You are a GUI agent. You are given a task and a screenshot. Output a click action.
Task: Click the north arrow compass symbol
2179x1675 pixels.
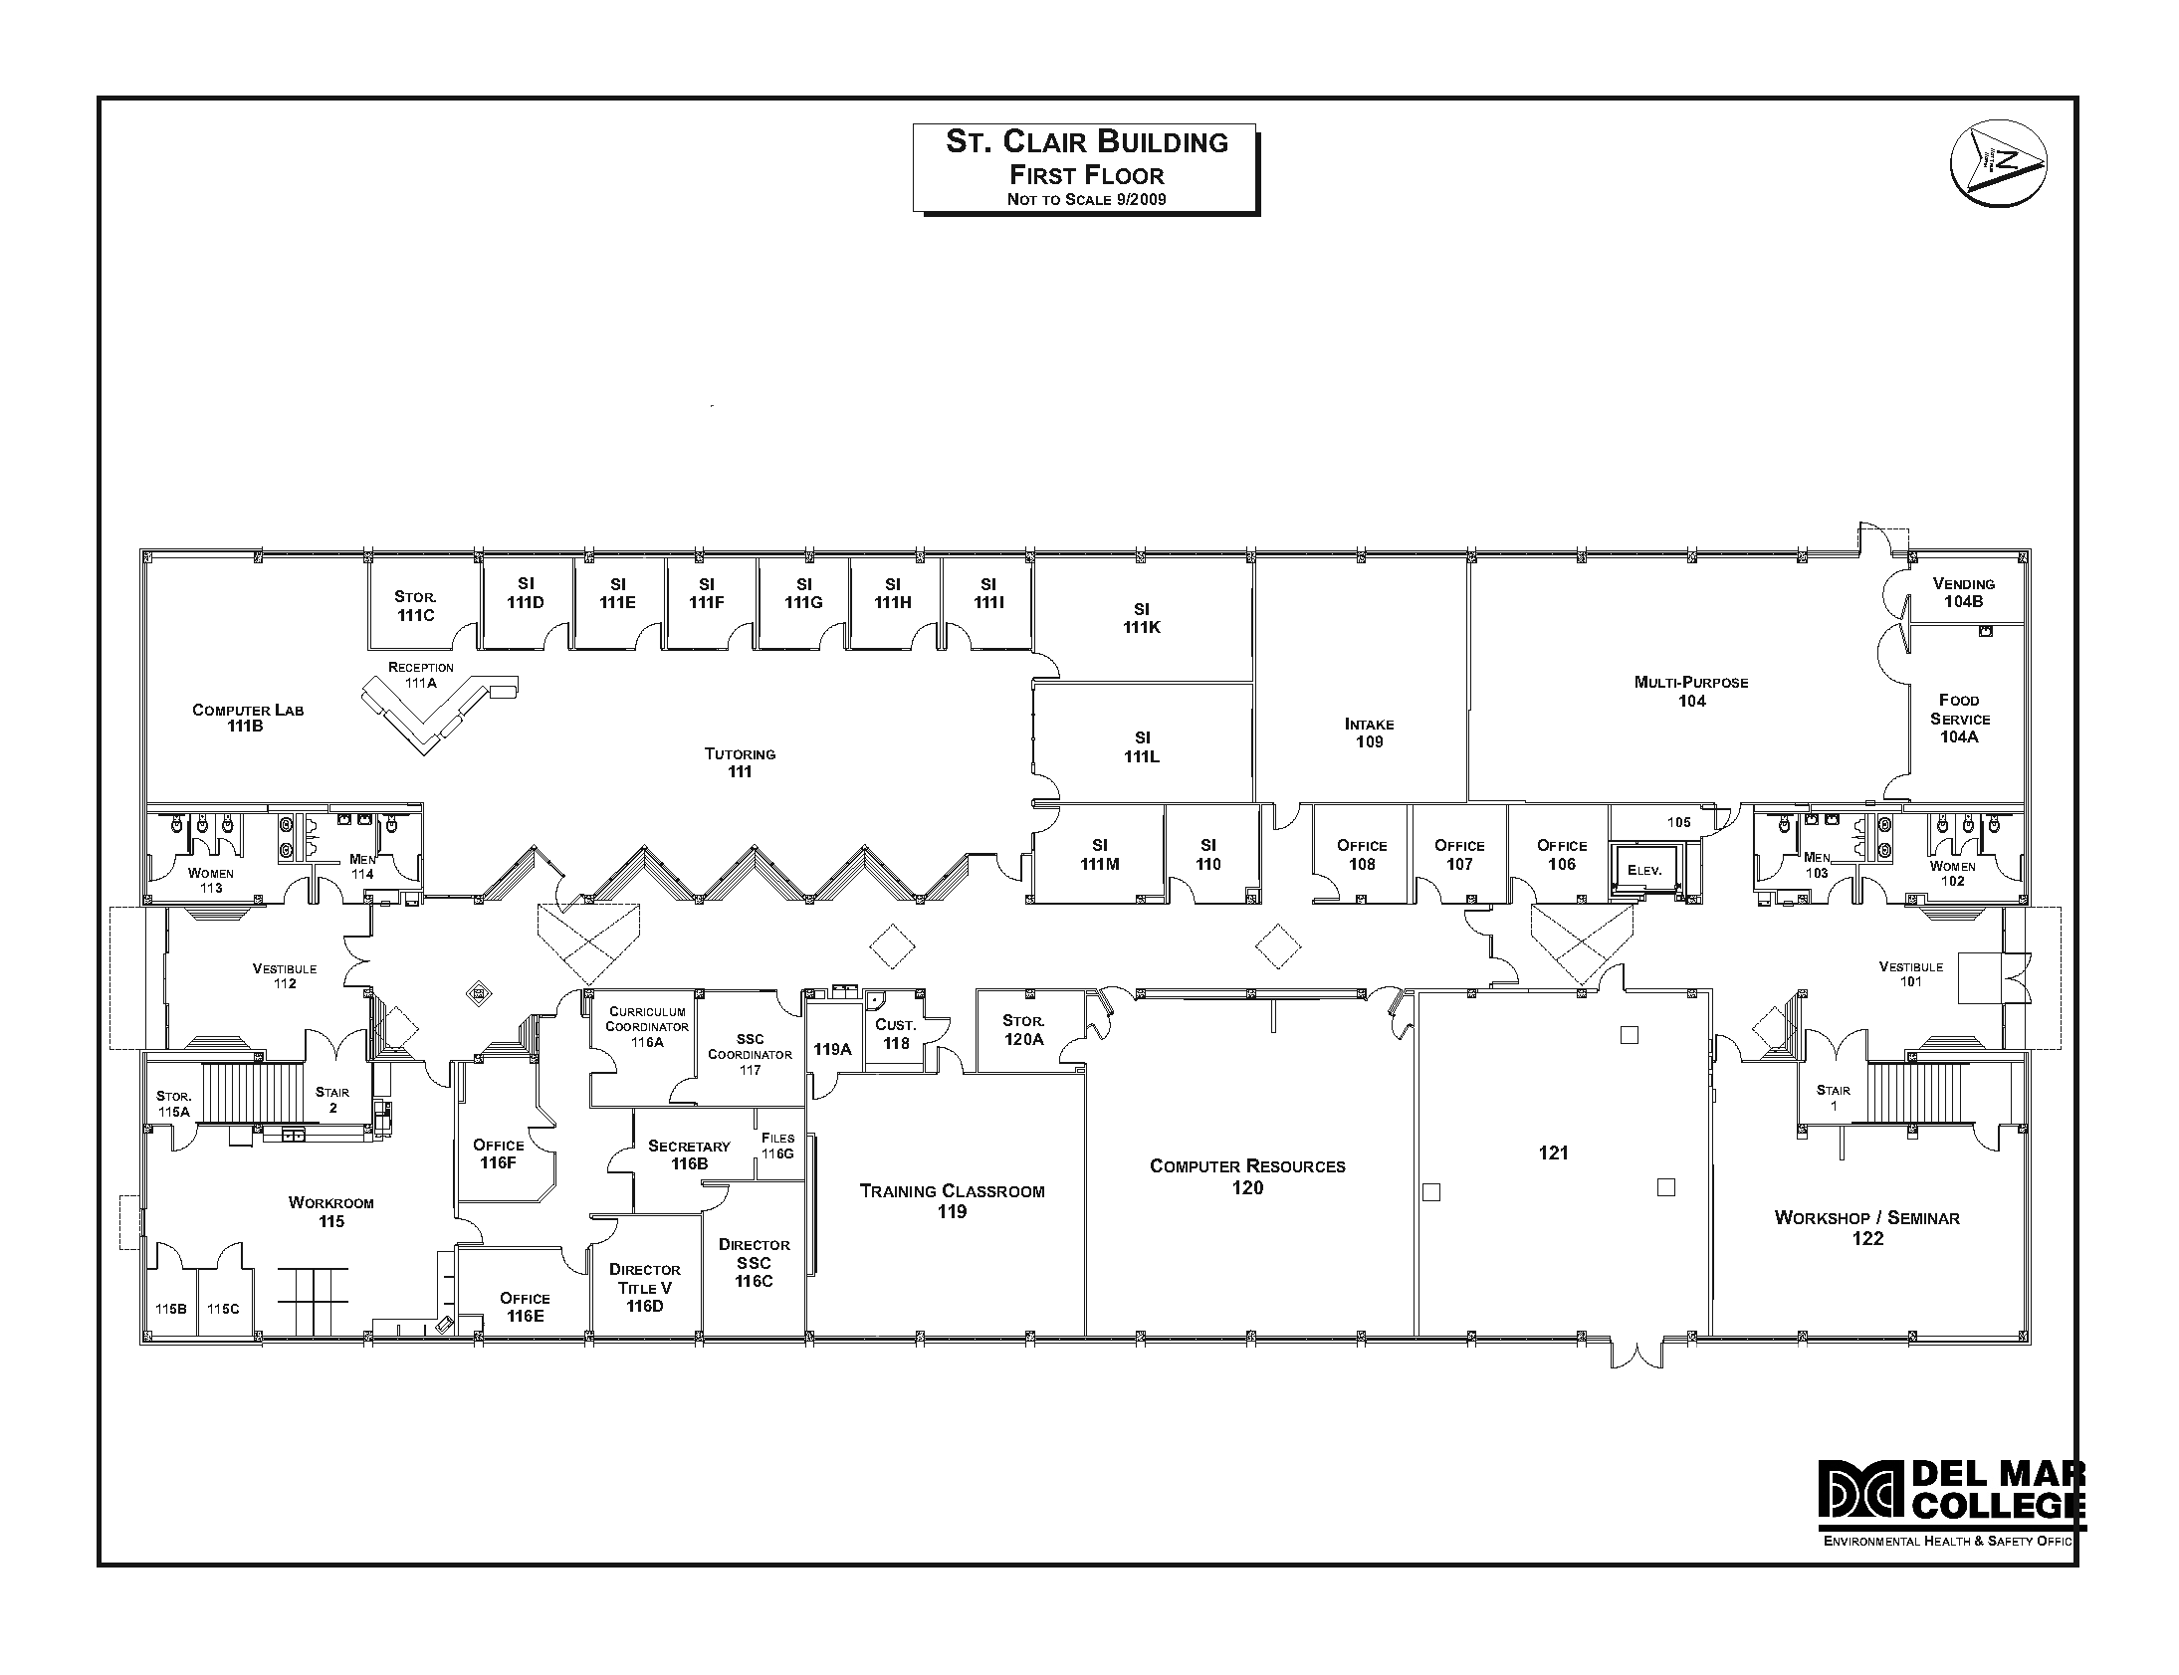pos(1998,163)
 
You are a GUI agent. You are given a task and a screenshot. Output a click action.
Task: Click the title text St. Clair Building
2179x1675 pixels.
pos(1086,141)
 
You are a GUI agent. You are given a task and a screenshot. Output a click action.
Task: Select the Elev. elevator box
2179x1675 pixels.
pos(1643,871)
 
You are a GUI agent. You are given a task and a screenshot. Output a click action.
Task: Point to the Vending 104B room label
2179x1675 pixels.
pos(1963,593)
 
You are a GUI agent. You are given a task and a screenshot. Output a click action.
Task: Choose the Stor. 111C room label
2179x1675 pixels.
pos(415,606)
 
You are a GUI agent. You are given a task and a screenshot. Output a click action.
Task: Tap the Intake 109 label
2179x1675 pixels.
pos(1369,733)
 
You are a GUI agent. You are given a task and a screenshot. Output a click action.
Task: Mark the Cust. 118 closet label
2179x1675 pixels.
pos(895,1034)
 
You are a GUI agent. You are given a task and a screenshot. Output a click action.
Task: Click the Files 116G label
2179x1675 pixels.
pos(776,1146)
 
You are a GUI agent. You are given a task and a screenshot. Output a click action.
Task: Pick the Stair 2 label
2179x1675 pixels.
pos(332,1100)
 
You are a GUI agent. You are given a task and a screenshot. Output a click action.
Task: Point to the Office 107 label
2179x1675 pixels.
pos(1458,855)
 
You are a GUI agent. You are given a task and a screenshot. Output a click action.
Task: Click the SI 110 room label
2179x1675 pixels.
pos(1207,855)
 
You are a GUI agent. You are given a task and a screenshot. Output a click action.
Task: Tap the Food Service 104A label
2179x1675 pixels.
pos(1959,719)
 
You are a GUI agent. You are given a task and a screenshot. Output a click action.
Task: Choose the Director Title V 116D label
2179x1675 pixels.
pos(644,1287)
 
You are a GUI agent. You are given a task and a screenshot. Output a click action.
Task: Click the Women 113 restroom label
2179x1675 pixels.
pos(210,881)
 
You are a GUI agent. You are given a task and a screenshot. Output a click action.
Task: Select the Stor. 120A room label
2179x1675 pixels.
pos(1023,1030)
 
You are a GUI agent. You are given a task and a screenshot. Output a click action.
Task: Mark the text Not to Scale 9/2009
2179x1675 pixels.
pos(1086,199)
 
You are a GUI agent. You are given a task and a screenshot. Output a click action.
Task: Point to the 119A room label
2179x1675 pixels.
pos(832,1049)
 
